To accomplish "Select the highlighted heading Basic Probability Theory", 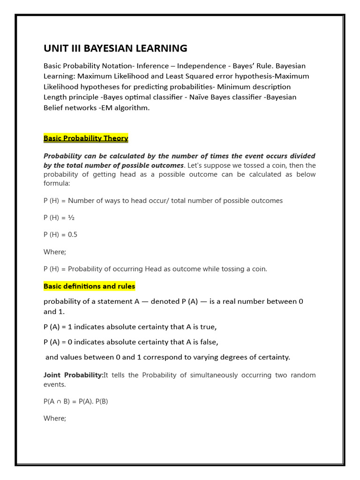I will coord(86,138).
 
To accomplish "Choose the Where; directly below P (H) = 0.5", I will coord(55,252).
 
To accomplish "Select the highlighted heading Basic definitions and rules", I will coord(89,286).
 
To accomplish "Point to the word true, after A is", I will coord(208,327).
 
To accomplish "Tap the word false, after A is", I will coord(209,342).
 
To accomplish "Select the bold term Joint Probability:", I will coord(73,375).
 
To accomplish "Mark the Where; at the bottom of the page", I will coord(55,418).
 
